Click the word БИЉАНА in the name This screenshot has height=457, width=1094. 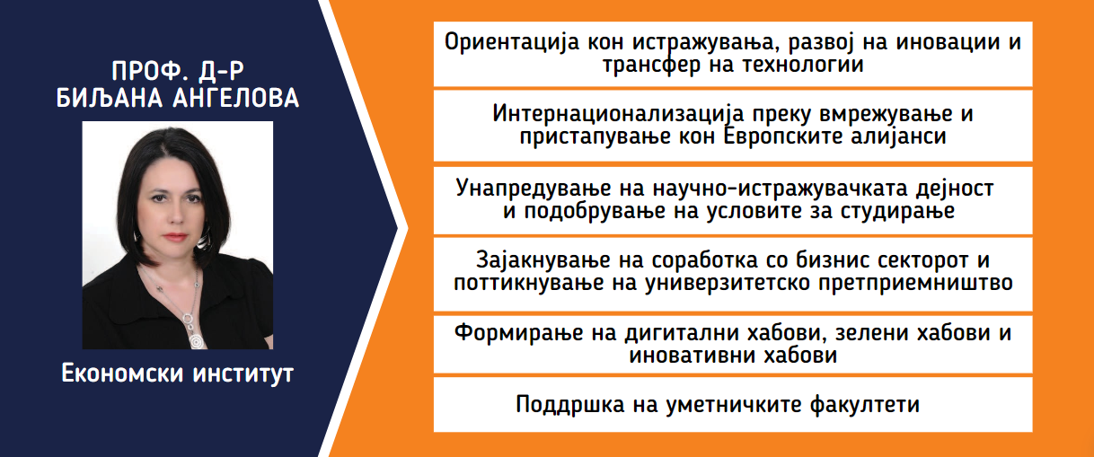(x=110, y=98)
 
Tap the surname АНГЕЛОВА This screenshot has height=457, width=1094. (x=236, y=98)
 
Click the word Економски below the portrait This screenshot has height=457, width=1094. (x=122, y=374)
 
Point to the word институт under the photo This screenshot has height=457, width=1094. (x=243, y=374)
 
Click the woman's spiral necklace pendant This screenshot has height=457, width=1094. (x=197, y=340)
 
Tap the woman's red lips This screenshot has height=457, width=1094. (x=175, y=237)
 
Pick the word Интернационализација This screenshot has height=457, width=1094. (x=618, y=115)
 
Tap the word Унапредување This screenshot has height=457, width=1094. (x=534, y=189)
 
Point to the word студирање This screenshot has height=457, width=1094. (x=897, y=212)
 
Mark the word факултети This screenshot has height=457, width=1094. (x=864, y=405)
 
